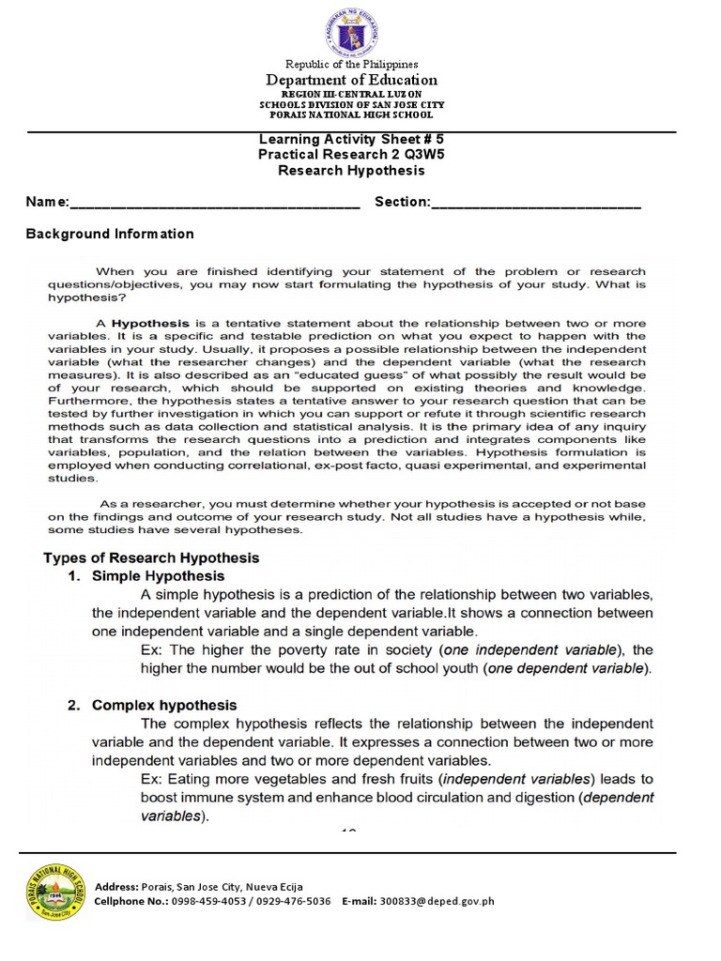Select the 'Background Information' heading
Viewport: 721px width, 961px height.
tap(110, 234)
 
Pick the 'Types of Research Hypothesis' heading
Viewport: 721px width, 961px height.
tap(151, 557)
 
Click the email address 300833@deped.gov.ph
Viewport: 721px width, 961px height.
tap(437, 901)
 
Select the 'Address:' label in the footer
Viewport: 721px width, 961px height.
tap(115, 886)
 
